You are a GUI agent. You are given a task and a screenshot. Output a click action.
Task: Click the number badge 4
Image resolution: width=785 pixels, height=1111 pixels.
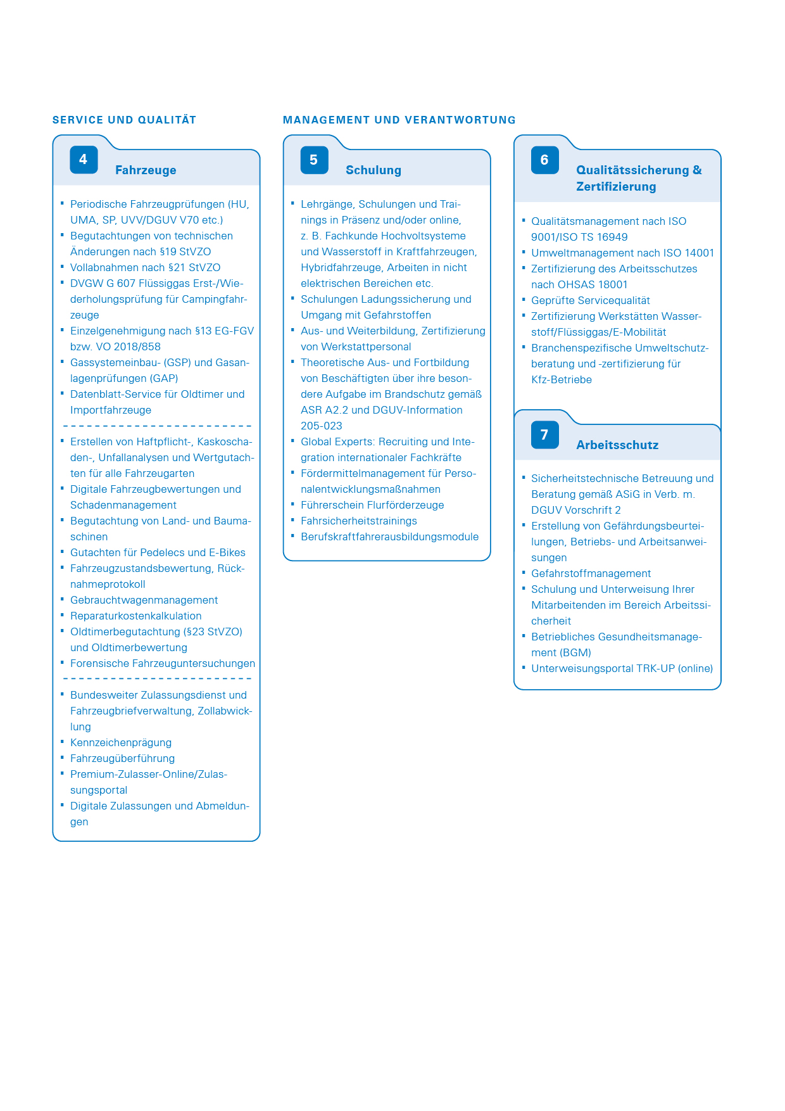tap(84, 160)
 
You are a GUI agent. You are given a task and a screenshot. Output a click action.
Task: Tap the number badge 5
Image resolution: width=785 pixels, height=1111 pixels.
tap(314, 160)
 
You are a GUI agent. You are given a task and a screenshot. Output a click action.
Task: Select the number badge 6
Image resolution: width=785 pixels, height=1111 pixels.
tap(544, 160)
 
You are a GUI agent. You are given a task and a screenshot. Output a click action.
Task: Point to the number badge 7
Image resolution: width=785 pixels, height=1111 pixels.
tap(544, 435)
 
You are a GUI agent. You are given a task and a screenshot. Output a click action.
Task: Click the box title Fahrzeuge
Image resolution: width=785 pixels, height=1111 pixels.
tap(146, 170)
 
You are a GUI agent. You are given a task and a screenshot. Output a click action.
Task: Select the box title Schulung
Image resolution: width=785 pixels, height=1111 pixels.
tap(374, 170)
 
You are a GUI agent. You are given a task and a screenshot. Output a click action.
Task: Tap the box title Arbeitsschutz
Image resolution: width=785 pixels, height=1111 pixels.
tap(617, 445)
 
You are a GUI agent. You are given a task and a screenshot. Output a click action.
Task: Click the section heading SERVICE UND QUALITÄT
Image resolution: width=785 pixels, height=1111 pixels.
tap(124, 120)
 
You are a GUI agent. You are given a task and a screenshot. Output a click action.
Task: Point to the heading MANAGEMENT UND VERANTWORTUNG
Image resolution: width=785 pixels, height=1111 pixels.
tap(399, 120)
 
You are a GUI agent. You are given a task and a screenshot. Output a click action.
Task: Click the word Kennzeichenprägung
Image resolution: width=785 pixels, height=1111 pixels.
tap(121, 742)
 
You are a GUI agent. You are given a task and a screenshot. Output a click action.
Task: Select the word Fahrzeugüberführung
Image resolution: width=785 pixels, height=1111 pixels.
tap(122, 758)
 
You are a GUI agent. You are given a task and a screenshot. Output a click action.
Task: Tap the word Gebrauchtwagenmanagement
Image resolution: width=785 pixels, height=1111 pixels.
tap(144, 600)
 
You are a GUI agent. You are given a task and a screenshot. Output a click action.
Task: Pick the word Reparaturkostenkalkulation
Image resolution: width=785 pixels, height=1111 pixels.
tap(135, 616)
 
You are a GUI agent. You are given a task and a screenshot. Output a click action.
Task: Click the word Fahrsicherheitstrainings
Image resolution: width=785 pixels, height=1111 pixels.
tap(359, 521)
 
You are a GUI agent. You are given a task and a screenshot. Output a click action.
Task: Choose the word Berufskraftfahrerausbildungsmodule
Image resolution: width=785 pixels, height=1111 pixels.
tap(389, 536)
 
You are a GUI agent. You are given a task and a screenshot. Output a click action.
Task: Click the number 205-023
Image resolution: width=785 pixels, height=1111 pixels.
tap(322, 426)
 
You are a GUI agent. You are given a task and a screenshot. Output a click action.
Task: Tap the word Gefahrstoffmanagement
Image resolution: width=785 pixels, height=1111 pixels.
tap(591, 573)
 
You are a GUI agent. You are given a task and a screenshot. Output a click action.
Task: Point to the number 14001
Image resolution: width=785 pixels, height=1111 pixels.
tap(700, 253)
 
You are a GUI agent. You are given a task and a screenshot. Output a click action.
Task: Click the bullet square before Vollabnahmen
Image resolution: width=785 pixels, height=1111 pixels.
tap(63, 266)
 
